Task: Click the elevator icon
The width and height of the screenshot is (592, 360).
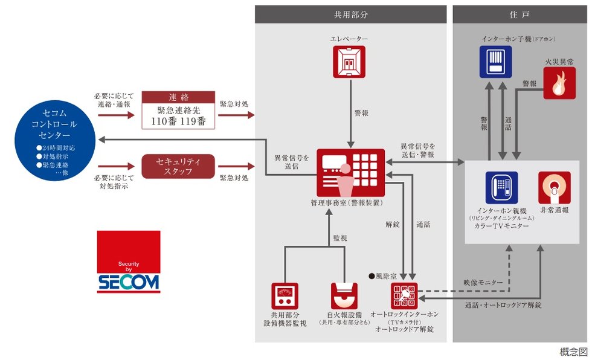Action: coord(349,62)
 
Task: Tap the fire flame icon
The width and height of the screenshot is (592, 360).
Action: coord(559,83)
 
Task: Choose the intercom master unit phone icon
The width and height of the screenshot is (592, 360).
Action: coord(501,187)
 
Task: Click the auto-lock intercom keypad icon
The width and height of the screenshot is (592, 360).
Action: coord(404,296)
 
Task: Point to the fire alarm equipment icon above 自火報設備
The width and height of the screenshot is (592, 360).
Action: coord(344,296)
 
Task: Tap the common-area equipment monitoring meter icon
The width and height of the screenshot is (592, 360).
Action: coord(285,296)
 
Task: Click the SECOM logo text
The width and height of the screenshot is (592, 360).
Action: coord(129,281)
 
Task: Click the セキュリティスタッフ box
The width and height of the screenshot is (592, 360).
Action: coord(178,167)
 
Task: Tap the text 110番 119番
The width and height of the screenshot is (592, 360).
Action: coord(178,121)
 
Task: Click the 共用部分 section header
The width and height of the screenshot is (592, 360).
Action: coord(350,14)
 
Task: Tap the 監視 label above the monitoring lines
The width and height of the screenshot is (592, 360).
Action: coord(339,239)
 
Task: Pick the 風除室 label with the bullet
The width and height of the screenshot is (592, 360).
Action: coord(384,276)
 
